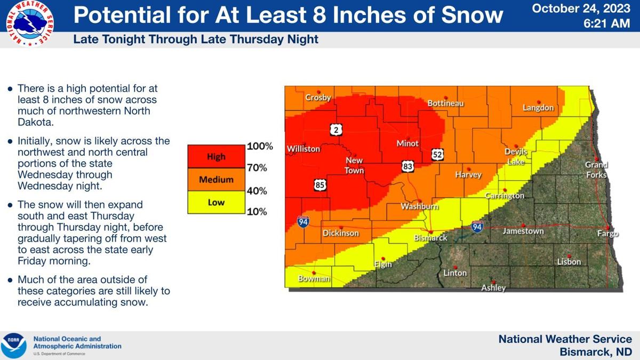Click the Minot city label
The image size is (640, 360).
[407, 143]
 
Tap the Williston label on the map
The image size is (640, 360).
[303, 149]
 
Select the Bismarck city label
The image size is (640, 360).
[430, 238]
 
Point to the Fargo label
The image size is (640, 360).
[607, 234]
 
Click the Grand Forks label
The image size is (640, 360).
[596, 170]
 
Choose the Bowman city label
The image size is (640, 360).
[314, 278]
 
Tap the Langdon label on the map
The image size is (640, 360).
[538, 108]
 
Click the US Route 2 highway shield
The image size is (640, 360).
[336, 130]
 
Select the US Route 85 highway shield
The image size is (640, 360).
[320, 186]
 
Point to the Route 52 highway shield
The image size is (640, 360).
[437, 155]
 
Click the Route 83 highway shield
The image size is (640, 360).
[408, 167]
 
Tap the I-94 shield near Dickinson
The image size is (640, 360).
[303, 221]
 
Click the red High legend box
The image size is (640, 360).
[216, 157]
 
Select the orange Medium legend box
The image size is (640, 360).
[216, 180]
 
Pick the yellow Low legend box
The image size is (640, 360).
[216, 203]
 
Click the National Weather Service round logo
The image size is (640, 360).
[29, 23]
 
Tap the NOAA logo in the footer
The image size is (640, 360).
[14, 345]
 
